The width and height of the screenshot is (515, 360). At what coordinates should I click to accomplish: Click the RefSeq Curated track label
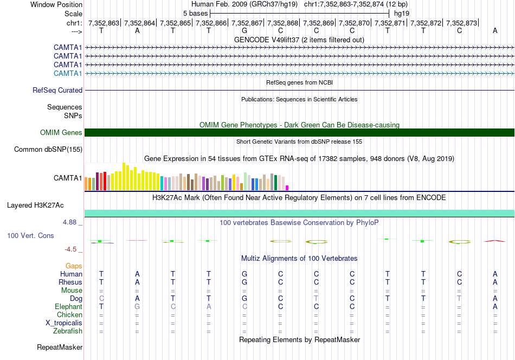(57, 91)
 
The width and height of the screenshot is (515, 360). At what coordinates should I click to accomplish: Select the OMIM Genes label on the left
(61, 133)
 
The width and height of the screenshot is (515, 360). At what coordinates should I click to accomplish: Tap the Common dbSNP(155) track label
(48, 150)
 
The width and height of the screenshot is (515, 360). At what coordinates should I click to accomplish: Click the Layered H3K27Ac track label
(35, 205)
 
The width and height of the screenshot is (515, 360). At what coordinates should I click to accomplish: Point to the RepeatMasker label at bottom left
(60, 347)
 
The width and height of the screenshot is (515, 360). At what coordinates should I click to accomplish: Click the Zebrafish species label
(68, 331)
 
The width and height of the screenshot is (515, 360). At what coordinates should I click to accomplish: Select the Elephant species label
(68, 307)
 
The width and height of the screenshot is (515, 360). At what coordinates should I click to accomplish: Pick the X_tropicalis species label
(64, 323)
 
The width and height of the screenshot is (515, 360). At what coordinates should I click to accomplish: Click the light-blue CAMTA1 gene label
(68, 74)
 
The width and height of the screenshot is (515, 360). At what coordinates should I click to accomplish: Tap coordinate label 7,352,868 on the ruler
(282, 23)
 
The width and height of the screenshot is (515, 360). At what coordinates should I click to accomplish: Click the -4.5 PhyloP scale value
(71, 249)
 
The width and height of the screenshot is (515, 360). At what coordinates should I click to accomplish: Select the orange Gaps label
(74, 266)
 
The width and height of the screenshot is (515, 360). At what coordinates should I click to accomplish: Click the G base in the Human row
(244, 274)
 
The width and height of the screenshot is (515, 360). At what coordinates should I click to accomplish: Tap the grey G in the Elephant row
(137, 307)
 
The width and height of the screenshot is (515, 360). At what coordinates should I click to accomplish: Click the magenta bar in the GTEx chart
(287, 188)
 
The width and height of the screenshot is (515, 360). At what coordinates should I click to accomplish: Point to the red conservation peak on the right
(495, 240)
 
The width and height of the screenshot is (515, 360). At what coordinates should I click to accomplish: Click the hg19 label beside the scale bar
(402, 13)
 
